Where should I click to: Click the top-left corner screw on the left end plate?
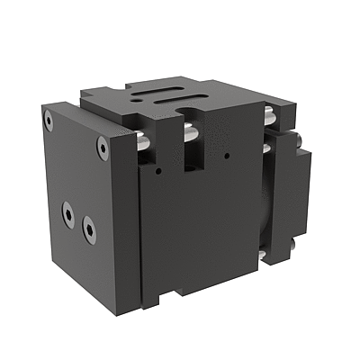pyautogui.click(x=49, y=118)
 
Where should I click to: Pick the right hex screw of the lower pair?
pyautogui.click(x=89, y=229)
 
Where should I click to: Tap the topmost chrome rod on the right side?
pyautogui.click(x=268, y=115)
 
